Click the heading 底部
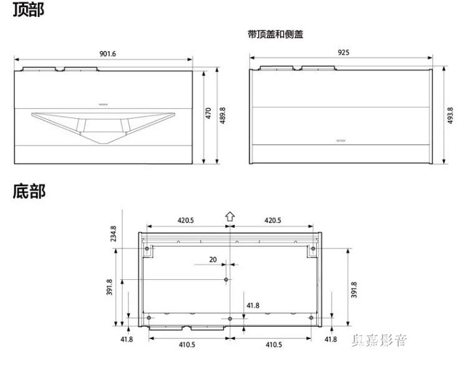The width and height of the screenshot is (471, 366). [29, 191]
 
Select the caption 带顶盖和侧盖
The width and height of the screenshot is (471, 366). [275, 35]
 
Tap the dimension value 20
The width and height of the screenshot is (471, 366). [213, 259]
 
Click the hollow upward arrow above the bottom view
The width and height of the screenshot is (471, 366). [230, 217]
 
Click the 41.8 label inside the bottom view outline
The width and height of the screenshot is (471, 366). [253, 305]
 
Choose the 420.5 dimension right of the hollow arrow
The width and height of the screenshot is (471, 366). [273, 220]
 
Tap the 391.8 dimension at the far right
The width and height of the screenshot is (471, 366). [354, 289]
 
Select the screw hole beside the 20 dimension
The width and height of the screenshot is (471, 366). [226, 280]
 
